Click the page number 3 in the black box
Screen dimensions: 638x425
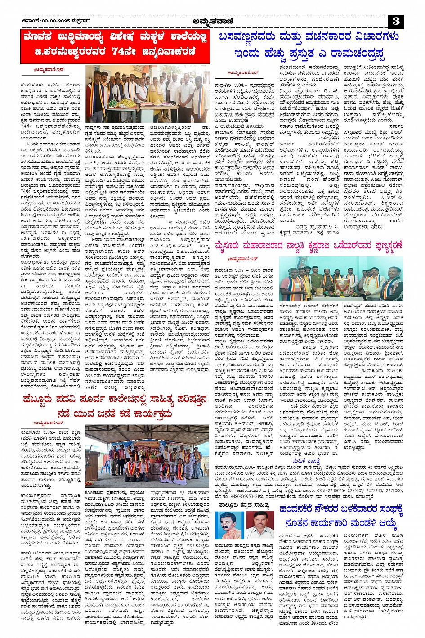pyautogui.click(x=395, y=21)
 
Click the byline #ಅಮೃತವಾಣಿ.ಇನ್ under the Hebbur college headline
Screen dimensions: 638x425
pyautogui.click(x=49, y=423)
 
